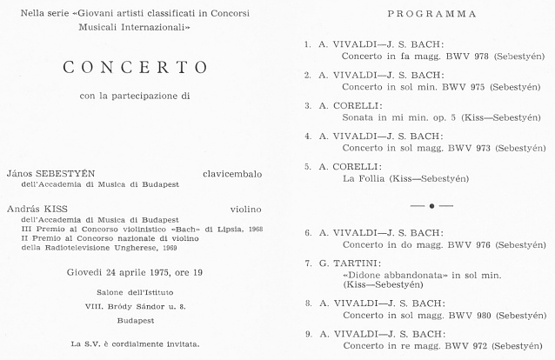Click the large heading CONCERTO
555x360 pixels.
(x=135, y=68)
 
